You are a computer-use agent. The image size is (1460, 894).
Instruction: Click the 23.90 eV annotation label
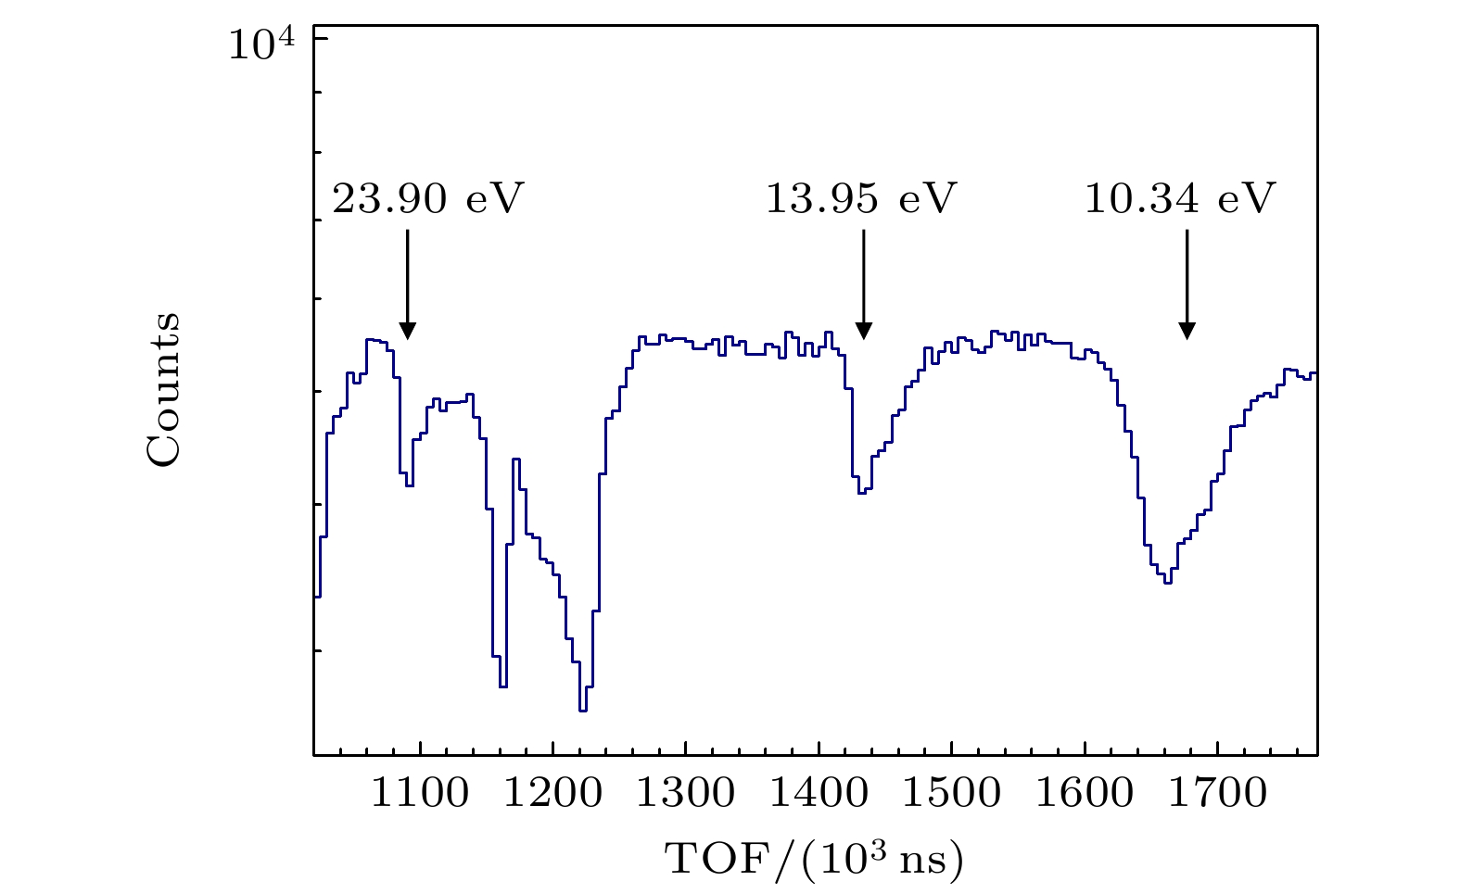428,199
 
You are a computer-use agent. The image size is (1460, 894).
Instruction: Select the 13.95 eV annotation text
860,199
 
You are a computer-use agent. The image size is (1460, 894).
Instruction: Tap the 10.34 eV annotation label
1180,199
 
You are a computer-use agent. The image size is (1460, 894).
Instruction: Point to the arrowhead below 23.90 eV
407,332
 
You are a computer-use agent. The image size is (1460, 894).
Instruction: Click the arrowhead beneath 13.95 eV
864,331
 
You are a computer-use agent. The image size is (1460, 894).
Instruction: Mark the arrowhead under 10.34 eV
1187,331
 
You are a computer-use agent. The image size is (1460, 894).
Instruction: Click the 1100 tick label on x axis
420,794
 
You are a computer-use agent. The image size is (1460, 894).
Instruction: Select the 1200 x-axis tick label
552,794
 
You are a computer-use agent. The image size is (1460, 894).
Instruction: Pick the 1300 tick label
686,794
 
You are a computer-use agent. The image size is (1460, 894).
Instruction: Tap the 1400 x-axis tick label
819,794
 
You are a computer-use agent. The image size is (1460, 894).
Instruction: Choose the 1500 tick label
951,794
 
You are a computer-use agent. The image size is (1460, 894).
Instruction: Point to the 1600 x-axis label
1084,794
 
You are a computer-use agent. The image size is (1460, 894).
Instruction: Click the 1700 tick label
1216,794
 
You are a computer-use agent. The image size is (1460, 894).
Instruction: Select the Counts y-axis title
163,389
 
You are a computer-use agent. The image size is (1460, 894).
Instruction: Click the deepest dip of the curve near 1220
583,710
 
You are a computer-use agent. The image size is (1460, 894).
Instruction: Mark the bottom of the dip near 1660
1168,582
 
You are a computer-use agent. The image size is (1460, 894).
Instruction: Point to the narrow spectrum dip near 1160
503,686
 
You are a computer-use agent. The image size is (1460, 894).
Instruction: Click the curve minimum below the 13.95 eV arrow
861,492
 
